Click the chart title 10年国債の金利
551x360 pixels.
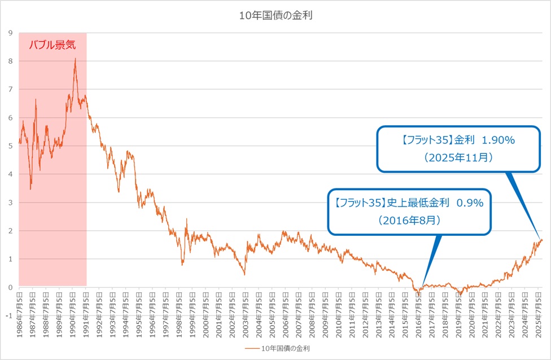tap(275, 16)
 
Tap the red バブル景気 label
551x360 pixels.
tap(52, 45)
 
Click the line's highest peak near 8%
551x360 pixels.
tap(75, 58)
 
